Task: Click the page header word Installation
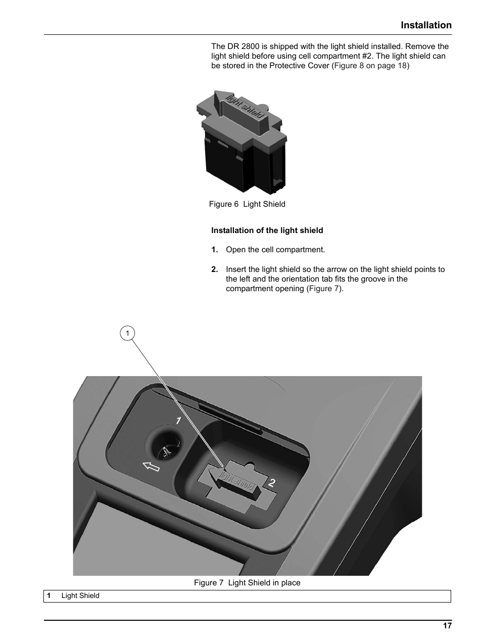click(x=426, y=25)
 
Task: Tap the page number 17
click(x=447, y=626)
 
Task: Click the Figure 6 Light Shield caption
click(x=247, y=204)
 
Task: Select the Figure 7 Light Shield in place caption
click(x=247, y=583)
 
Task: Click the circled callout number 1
click(x=128, y=333)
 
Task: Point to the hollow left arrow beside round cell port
click(x=151, y=466)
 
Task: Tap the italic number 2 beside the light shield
click(x=272, y=483)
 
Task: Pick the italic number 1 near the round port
click(x=178, y=421)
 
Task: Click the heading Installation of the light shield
click(x=267, y=231)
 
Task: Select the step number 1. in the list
click(x=215, y=250)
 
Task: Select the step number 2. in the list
click(x=215, y=269)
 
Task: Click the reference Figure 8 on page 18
click(x=370, y=66)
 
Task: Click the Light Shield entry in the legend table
click(x=80, y=596)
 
